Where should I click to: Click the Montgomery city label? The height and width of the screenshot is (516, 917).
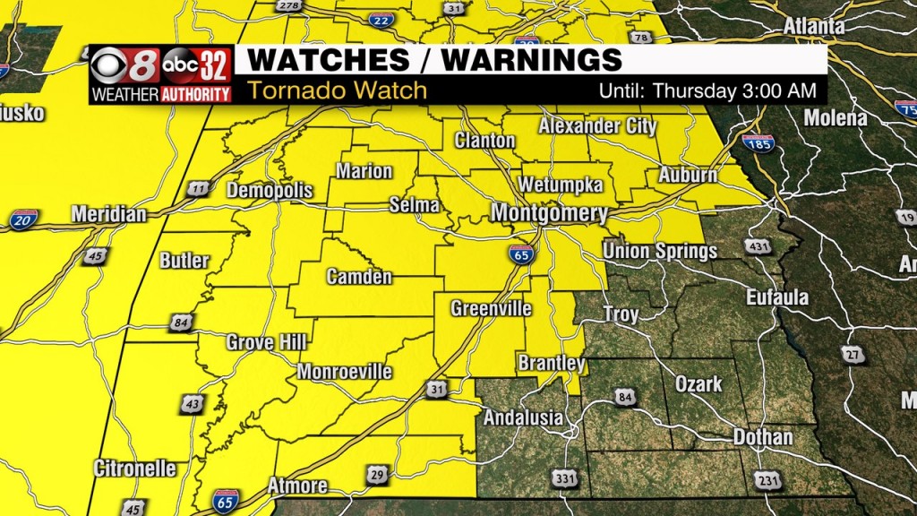click(549, 214)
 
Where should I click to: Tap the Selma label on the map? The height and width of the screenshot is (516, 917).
click(415, 206)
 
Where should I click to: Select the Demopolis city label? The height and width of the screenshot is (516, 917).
click(270, 191)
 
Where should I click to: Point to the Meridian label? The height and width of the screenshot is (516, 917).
click(108, 215)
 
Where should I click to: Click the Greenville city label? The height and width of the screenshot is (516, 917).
click(491, 309)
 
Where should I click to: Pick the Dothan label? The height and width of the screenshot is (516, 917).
click(763, 437)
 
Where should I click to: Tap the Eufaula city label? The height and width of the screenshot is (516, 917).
click(778, 297)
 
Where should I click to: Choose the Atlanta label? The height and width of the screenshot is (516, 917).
click(813, 27)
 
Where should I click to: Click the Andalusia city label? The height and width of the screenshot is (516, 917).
click(524, 417)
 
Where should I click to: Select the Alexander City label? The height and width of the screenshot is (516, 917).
click(597, 126)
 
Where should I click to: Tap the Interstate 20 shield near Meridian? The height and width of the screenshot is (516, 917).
click(24, 219)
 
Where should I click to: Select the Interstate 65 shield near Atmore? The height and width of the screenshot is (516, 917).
click(226, 500)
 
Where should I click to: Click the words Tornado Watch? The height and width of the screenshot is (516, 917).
click(337, 90)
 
